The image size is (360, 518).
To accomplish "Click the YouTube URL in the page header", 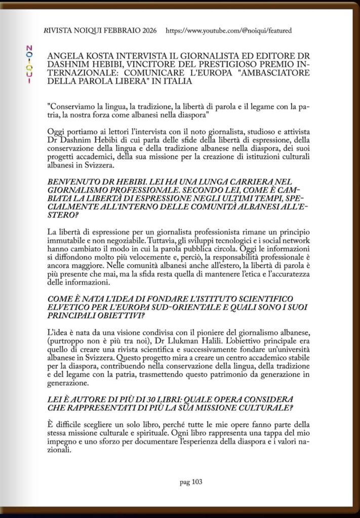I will pyautogui.click(x=228, y=31).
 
